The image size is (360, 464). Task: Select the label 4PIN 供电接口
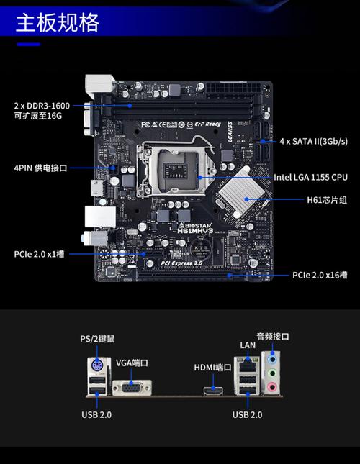pyautogui.click(x=40, y=168)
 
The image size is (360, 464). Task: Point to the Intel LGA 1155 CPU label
pyautogui.click(x=310, y=177)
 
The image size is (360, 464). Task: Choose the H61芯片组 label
pyautogui.click(x=322, y=199)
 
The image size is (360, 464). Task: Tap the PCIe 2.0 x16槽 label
pyautogui.click(x=319, y=275)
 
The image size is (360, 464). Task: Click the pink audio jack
pyautogui.click(x=271, y=388)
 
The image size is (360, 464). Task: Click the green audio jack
pyautogui.click(x=271, y=373)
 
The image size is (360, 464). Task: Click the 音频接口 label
pyautogui.click(x=272, y=335)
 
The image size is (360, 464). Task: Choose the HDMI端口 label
pyautogui.click(x=212, y=368)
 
